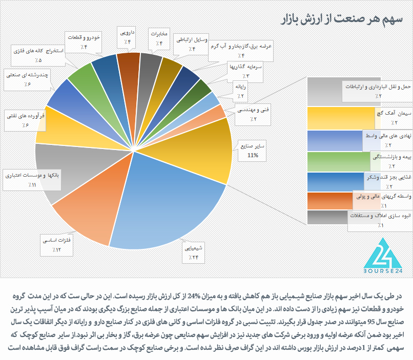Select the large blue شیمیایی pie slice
[x=164, y=205]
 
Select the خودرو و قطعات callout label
[x=84, y=42]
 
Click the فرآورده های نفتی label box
[x=24, y=120]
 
